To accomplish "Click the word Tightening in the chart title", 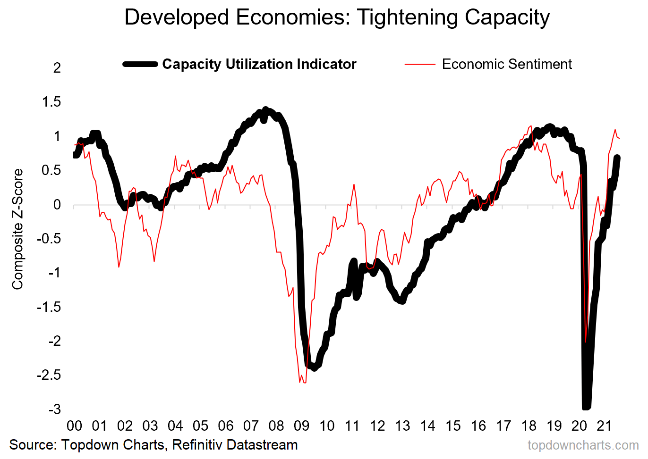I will click(x=408, y=17).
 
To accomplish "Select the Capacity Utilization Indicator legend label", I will click(x=259, y=64).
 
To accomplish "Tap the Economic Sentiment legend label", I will click(x=506, y=64).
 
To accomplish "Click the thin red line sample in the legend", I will click(x=419, y=64).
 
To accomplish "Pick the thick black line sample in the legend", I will click(x=140, y=64).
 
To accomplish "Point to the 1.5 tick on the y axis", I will click(x=51, y=102).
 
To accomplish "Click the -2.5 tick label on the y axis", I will click(x=49, y=375).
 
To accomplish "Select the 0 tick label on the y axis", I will click(x=57, y=205).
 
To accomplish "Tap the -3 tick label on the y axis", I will click(x=54, y=409).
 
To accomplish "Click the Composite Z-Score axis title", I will click(x=17, y=229).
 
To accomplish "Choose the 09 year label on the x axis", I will click(x=301, y=426).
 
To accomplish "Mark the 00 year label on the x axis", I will click(x=74, y=426).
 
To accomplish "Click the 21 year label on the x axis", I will click(x=604, y=426).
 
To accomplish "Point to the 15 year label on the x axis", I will click(x=452, y=426).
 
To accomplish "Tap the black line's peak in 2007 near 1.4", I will click(x=265, y=110).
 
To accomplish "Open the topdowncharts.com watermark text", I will click(x=583, y=445).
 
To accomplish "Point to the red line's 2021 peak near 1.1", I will click(x=615, y=130).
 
